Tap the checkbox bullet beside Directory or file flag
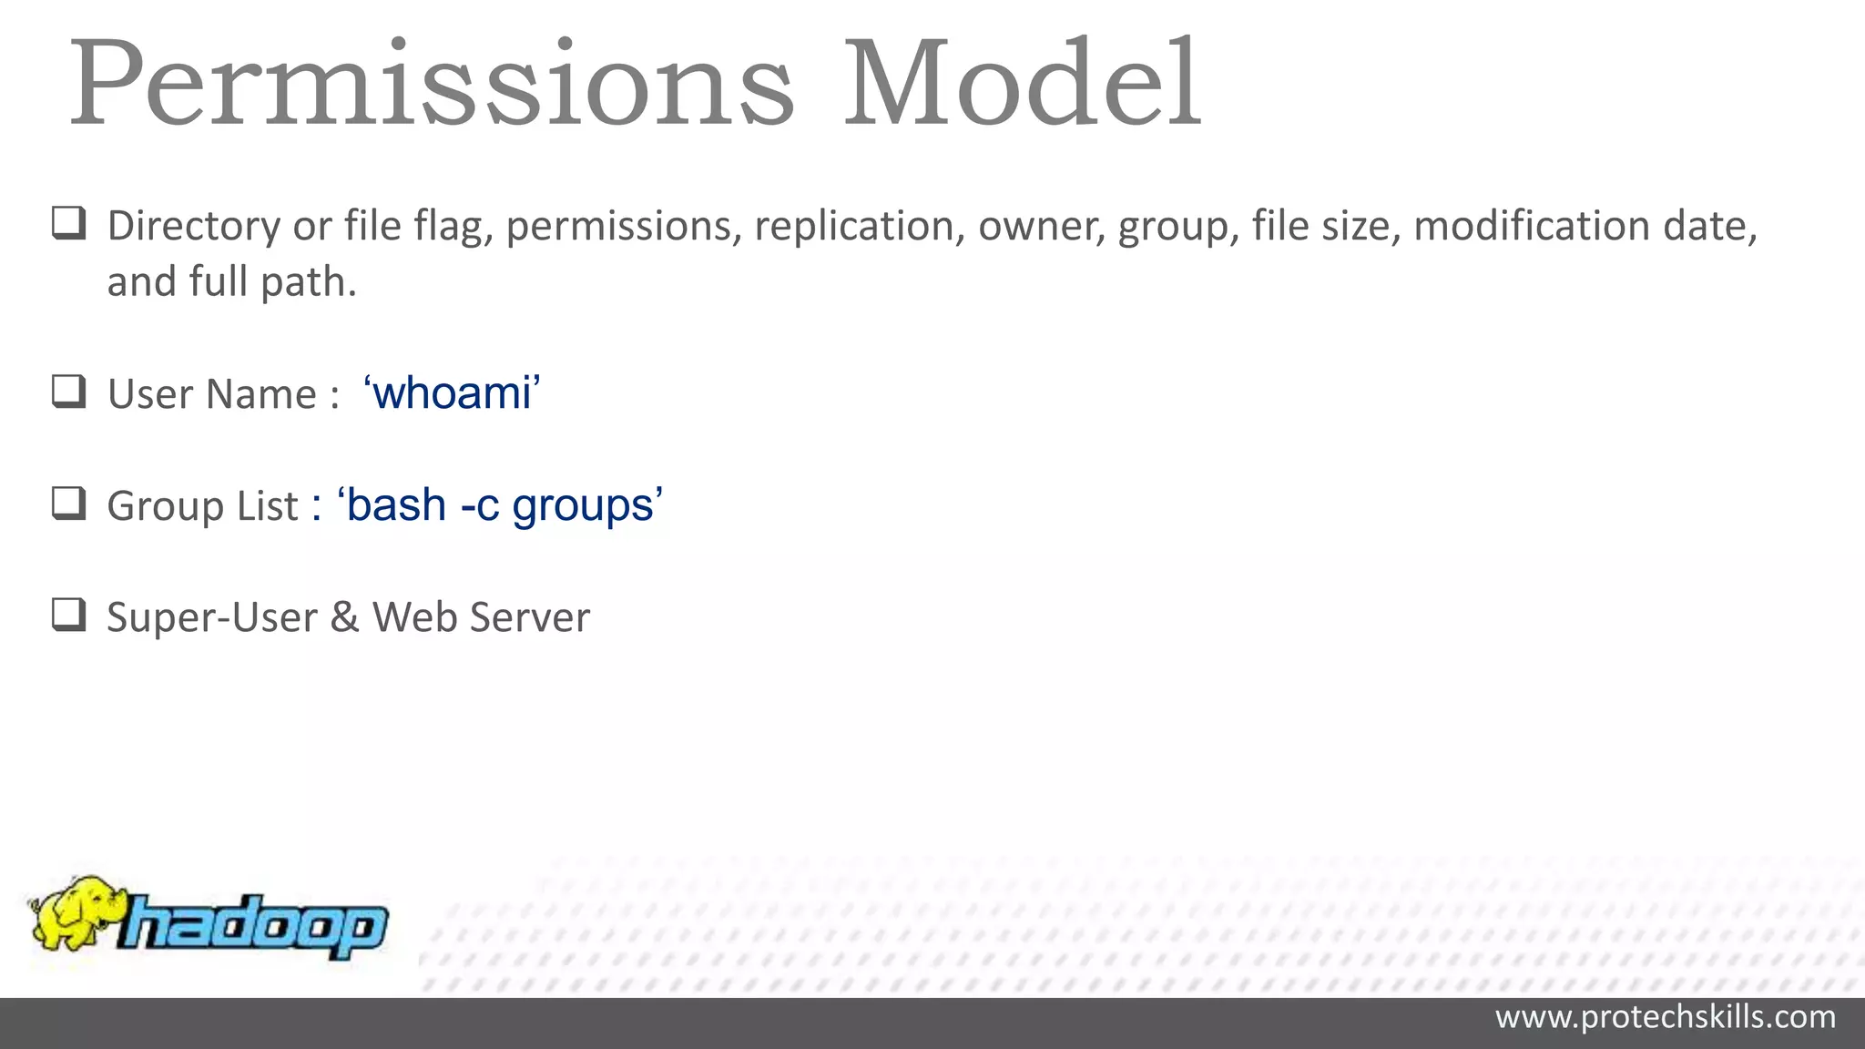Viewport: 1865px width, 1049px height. [69, 223]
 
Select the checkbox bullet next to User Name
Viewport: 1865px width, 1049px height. [69, 392]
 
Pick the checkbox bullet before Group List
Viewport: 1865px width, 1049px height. [69, 504]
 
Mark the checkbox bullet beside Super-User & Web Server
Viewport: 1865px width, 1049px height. [69, 616]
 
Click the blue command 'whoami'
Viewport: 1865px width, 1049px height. [452, 393]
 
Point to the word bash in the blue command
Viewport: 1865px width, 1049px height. [396, 505]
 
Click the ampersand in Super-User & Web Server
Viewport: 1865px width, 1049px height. [344, 617]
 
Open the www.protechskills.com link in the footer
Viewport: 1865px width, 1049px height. [1665, 1017]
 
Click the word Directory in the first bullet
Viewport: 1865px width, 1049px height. [194, 227]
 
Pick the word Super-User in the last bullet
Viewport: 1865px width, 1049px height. [212, 617]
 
